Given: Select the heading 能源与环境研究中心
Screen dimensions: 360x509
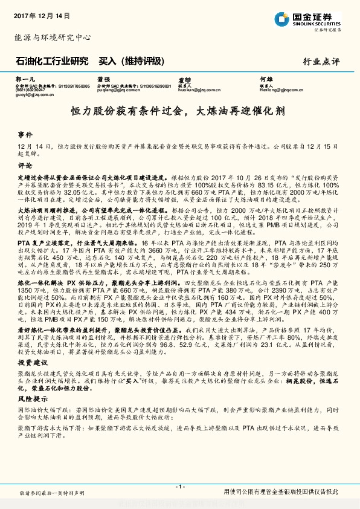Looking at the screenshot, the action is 52,37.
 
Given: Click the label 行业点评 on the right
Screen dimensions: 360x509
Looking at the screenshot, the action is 321,62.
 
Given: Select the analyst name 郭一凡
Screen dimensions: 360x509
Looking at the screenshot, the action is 22,79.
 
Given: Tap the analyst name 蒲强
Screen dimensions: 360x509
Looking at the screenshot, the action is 103,79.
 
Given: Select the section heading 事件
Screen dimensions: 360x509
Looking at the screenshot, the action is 25,134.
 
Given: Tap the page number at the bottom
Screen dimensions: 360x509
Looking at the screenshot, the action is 179,487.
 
